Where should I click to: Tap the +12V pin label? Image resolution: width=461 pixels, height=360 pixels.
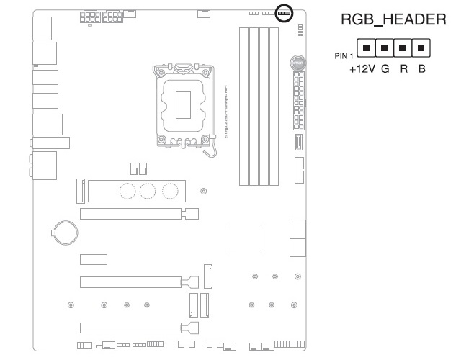tap(364, 71)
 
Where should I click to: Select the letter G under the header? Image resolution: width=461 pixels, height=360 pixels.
tap(385, 71)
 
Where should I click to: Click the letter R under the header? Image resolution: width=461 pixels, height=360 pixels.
tap(403, 71)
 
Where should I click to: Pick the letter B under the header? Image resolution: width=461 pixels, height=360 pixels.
tap(420, 71)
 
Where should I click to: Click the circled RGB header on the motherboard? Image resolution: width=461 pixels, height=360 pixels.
tap(283, 13)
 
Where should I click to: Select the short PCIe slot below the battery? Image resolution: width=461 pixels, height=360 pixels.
tap(93, 258)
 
